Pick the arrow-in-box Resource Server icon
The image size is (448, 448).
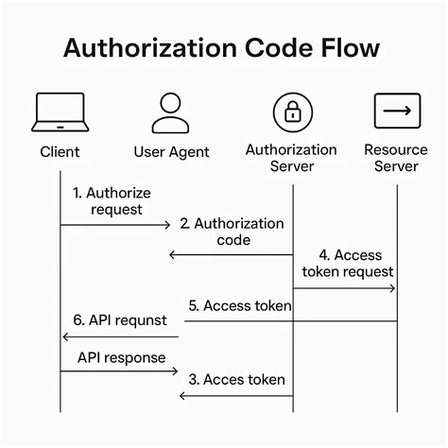[x=397, y=112]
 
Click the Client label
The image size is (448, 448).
[x=60, y=150]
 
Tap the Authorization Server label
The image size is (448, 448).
[x=292, y=159]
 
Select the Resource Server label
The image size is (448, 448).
[x=397, y=159]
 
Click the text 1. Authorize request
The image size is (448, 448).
[x=111, y=200]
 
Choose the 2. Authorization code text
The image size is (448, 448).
[x=232, y=232]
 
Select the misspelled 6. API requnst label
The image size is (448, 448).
[x=120, y=319]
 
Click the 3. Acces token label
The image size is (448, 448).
[x=236, y=379]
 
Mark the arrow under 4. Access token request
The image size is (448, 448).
[x=344, y=287]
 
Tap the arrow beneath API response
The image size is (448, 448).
[x=119, y=371]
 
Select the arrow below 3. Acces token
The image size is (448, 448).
[x=236, y=395]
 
